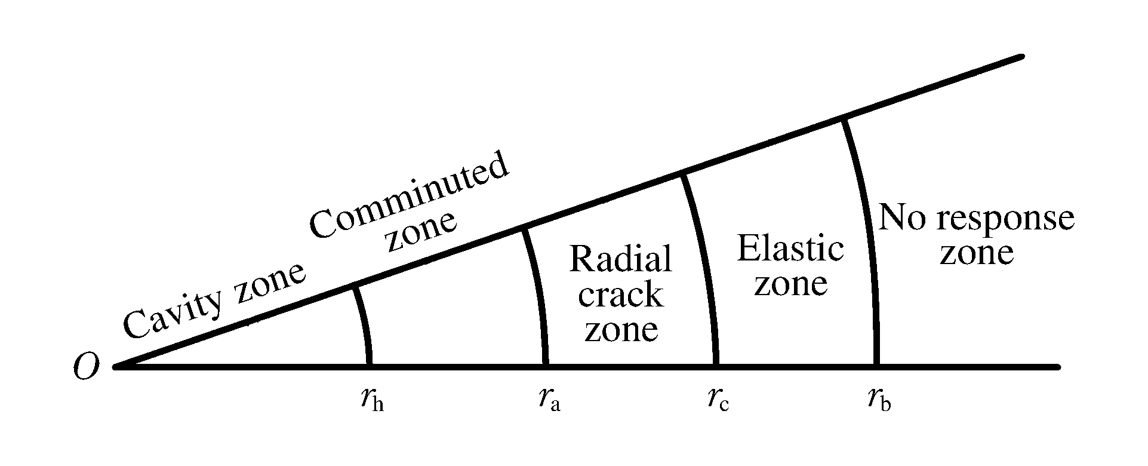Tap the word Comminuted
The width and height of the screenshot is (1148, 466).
pyautogui.click(x=410, y=197)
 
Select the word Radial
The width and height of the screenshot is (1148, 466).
pyautogui.click(x=621, y=259)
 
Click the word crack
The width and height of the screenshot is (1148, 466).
pyautogui.click(x=621, y=295)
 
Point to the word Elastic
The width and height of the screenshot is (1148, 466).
pyautogui.click(x=790, y=249)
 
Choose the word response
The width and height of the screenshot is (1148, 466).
pyautogui.click(x=1005, y=219)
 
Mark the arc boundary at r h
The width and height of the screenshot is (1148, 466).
pyautogui.click(x=364, y=326)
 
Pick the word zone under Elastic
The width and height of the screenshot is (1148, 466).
pyautogui.click(x=790, y=284)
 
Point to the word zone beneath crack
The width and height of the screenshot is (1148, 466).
pyautogui.click(x=621, y=330)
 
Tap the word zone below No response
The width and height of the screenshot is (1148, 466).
pyautogui.click(x=977, y=253)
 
